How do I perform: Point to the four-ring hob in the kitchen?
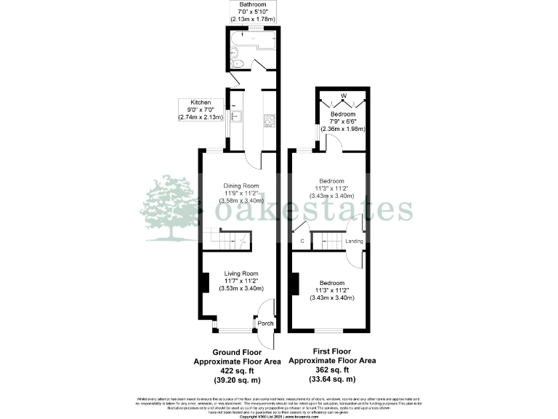click(268, 119)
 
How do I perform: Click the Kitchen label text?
click(201, 103)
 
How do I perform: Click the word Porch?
click(265, 324)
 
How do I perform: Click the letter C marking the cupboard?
click(302, 241)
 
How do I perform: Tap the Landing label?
click(354, 241)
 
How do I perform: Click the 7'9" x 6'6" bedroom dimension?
click(343, 122)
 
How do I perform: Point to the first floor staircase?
click(331, 241)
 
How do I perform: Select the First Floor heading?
click(332, 351)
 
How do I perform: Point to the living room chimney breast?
click(206, 282)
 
